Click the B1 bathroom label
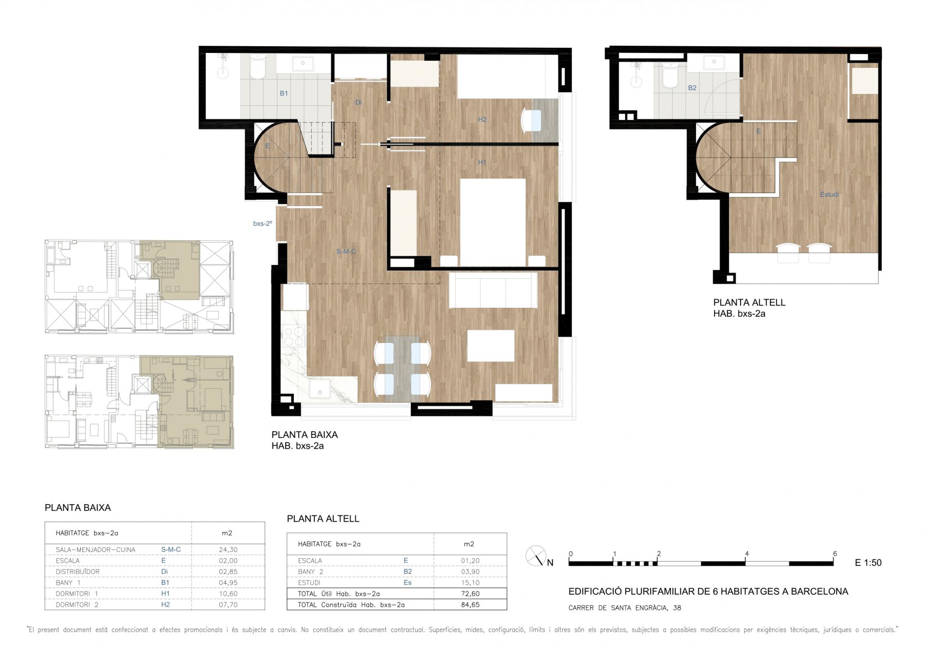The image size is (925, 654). (284, 93)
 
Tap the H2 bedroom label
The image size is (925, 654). (482, 119)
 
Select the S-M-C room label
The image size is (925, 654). (346, 251)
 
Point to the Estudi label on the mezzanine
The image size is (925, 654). (830, 195)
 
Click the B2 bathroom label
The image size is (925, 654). (692, 88)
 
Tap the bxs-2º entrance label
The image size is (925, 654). (263, 223)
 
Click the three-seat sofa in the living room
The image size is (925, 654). (493, 290)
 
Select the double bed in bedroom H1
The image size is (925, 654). (493, 222)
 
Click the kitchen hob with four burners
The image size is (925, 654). (293, 336)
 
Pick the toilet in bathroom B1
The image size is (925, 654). (257, 66)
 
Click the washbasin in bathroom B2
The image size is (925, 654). (714, 62)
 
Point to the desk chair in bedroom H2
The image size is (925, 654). (531, 120)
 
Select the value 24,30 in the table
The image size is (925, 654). (228, 549)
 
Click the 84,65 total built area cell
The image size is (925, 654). (470, 605)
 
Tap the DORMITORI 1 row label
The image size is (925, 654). (77, 594)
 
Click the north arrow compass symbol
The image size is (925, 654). (536, 556)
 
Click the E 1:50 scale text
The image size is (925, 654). (868, 562)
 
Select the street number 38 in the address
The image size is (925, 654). (677, 608)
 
